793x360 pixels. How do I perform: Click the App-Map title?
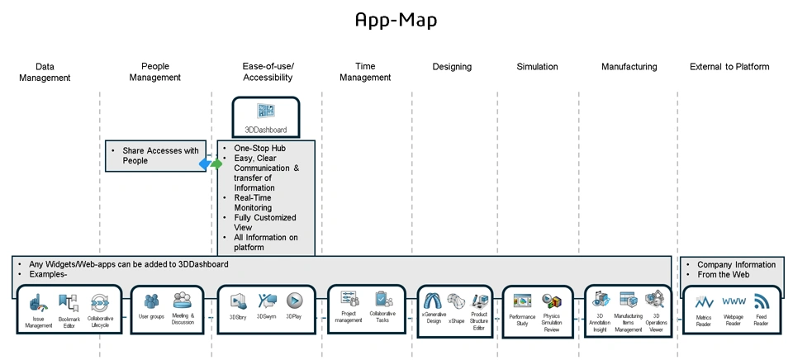396,20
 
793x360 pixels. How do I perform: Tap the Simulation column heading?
537,67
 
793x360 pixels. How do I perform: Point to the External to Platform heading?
729,67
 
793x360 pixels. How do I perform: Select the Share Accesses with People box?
156,155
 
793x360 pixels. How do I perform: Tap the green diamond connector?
216,164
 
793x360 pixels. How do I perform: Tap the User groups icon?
150,301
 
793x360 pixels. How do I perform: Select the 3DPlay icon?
294,301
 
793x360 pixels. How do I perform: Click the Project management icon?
349,299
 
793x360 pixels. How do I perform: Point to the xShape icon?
456,301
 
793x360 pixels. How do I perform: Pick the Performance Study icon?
522,301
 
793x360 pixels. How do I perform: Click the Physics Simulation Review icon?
552,301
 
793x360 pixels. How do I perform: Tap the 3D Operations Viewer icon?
656,299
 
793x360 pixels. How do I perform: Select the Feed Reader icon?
761,301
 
